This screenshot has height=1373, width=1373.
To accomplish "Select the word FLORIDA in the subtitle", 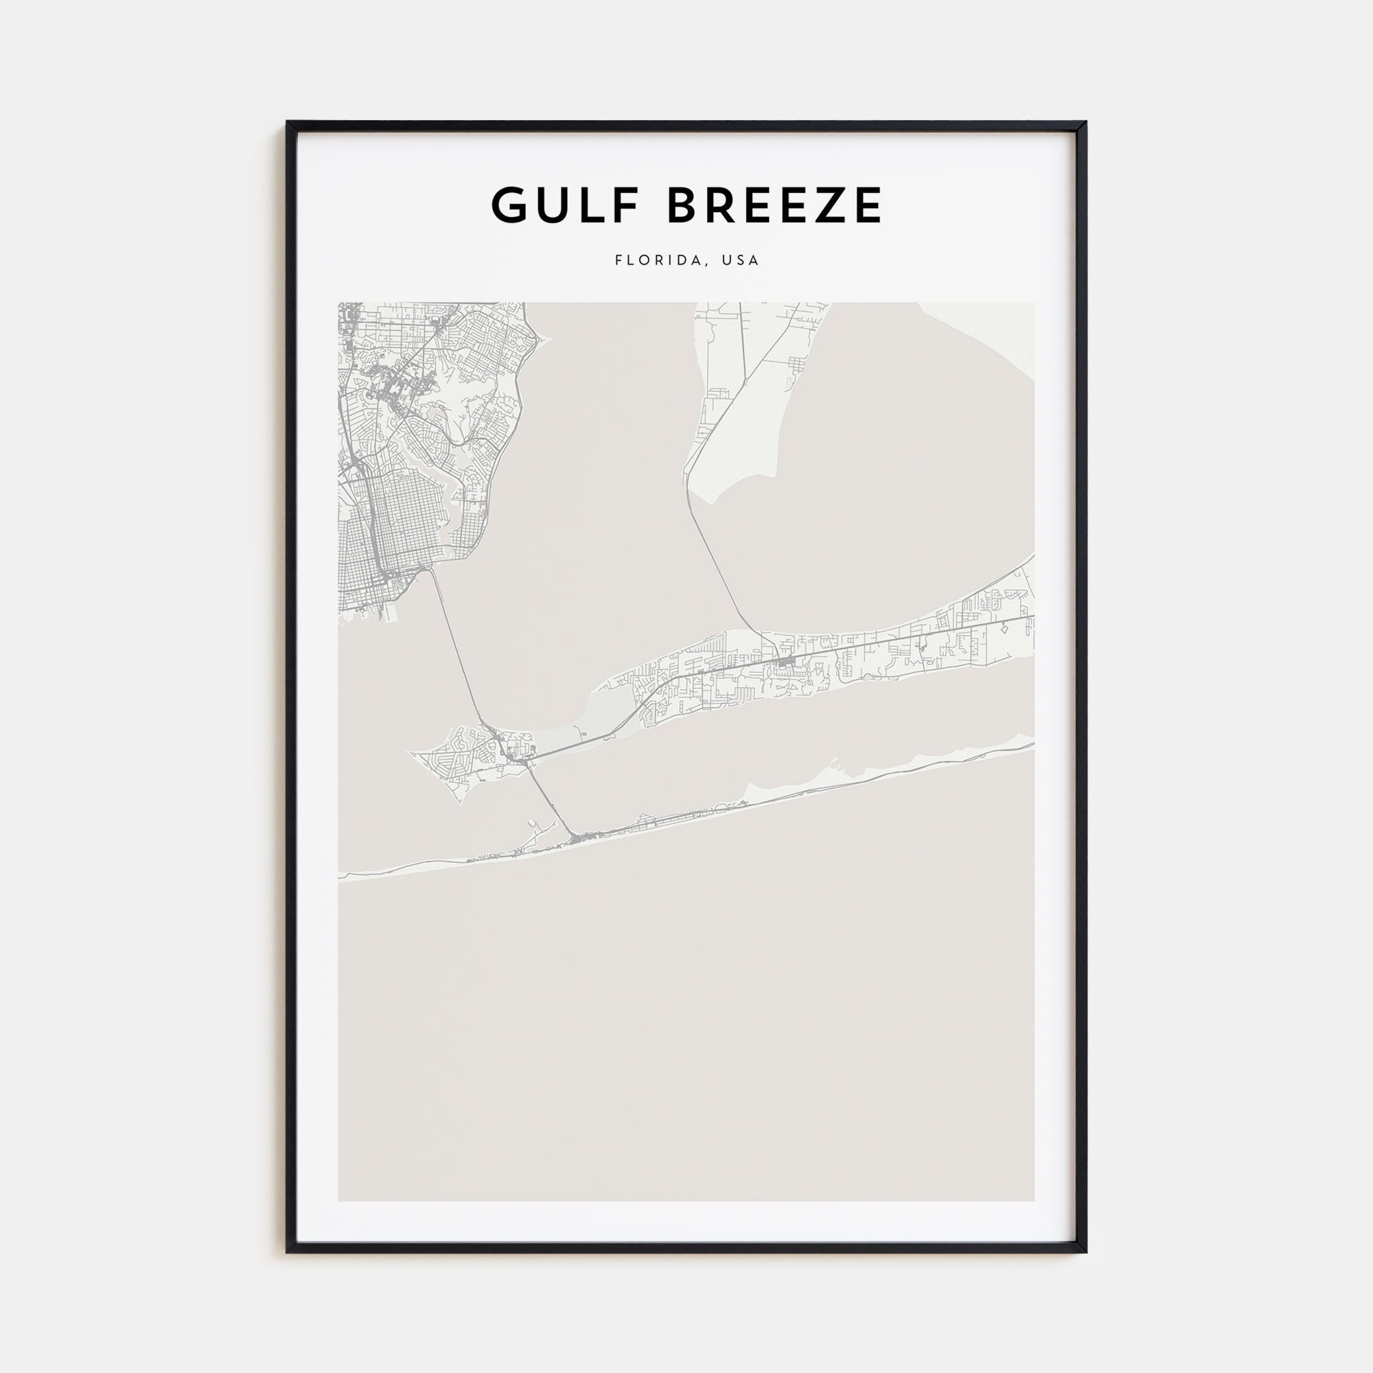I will [x=660, y=260].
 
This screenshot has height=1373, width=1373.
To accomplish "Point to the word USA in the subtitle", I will [x=741, y=260].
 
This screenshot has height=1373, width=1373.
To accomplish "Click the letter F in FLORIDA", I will [x=619, y=260].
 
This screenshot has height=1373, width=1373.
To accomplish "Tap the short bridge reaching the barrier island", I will [x=551, y=800].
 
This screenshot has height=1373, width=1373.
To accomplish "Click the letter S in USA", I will [x=741, y=260].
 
